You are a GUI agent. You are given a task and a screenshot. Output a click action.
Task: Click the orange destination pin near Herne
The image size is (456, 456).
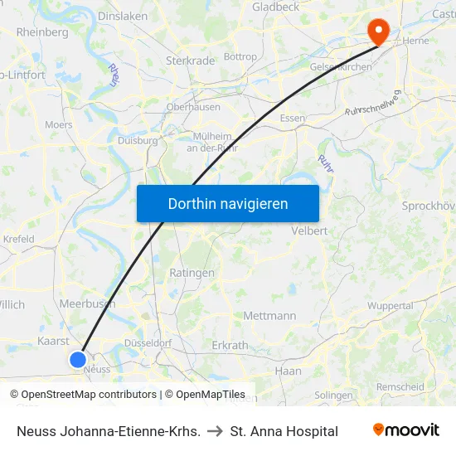379,32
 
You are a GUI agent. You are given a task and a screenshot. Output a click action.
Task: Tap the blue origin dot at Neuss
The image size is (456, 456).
77,359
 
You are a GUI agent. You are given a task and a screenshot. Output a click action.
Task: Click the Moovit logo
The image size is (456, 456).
405,430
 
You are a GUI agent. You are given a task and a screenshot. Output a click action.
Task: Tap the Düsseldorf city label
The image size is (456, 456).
147,343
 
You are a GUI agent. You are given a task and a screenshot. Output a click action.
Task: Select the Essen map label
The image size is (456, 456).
293,119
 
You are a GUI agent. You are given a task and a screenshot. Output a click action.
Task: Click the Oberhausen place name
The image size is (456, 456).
193,107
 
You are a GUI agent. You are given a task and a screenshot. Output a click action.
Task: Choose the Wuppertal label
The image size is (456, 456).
390,306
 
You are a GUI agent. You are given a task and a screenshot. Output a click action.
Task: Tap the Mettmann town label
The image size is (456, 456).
269,316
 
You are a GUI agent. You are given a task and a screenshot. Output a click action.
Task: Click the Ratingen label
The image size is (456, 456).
192,273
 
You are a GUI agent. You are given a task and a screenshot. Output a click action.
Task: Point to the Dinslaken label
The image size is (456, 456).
123,16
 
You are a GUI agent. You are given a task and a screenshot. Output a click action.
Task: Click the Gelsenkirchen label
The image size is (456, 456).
341,67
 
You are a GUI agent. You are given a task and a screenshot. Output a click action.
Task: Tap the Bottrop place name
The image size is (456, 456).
240,57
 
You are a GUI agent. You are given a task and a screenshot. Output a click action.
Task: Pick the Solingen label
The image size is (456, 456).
333,395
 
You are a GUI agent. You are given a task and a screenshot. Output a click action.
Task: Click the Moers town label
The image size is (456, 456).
58,125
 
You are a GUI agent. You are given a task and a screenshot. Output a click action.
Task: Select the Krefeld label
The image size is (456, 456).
18,240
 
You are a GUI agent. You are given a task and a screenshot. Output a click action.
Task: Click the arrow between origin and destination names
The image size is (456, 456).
215,431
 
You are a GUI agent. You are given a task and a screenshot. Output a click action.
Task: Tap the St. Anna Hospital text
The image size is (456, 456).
284,431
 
